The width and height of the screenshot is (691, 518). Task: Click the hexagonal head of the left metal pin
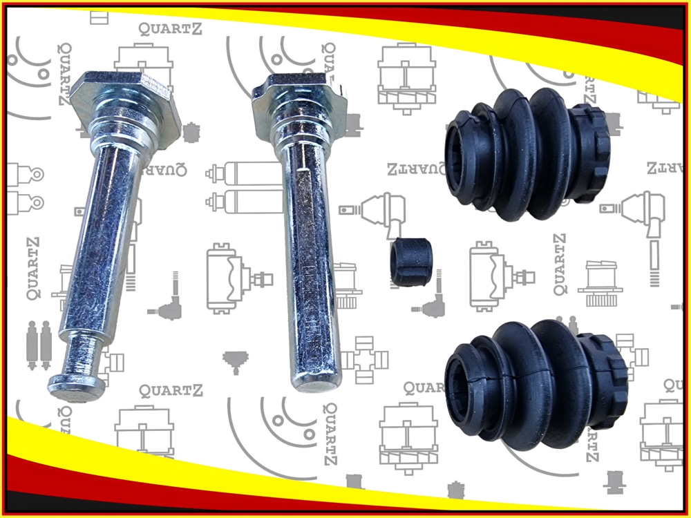(x=125, y=106)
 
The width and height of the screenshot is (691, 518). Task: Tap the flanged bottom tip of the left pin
(x=76, y=387)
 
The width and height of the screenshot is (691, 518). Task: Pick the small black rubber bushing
(x=410, y=262)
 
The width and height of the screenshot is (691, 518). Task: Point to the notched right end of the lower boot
(x=605, y=381)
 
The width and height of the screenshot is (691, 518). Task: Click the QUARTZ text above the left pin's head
(x=170, y=29)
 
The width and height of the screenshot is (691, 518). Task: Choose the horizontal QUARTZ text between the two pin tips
(x=171, y=391)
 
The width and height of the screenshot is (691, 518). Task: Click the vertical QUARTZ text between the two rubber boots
(x=560, y=265)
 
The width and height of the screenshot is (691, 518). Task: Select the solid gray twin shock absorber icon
(x=39, y=345)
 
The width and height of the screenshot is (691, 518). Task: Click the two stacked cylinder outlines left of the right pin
(x=245, y=188)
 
